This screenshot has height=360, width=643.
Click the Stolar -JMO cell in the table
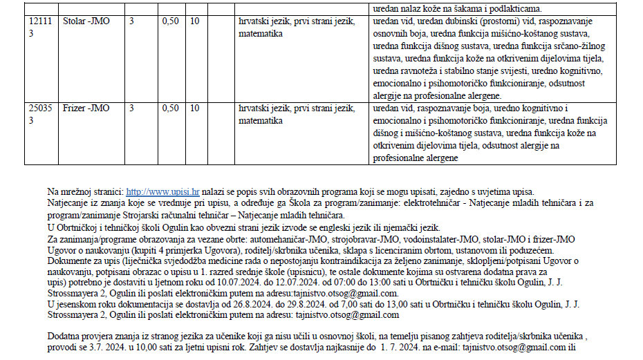[x=86, y=21]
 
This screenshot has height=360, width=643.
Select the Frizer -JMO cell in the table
[x=86, y=108]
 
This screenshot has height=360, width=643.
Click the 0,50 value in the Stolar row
[x=170, y=21]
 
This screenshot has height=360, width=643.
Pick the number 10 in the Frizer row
[x=195, y=108]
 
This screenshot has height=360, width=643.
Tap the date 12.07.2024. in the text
[x=279, y=283]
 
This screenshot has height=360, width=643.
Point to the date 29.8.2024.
[x=299, y=304]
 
